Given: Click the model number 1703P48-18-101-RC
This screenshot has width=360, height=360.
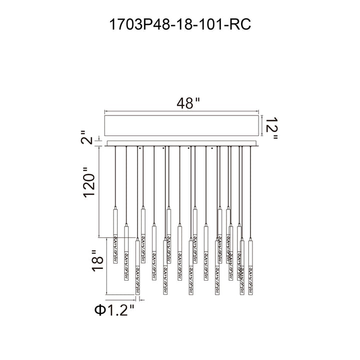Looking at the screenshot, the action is [x=180, y=24].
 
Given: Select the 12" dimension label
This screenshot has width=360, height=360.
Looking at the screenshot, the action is [x=271, y=128].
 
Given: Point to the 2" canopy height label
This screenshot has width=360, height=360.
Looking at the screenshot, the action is [x=86, y=137].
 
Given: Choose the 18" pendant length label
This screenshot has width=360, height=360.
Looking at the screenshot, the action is [x=97, y=260].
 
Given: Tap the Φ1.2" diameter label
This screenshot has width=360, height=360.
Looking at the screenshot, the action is [x=114, y=310].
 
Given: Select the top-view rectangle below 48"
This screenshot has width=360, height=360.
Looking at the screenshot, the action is [x=181, y=125].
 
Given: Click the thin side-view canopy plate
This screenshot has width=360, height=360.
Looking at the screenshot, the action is [x=183, y=143].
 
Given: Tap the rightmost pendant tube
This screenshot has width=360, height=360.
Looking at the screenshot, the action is [x=250, y=266].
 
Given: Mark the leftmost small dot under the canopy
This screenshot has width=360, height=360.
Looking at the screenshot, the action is [x=140, y=148].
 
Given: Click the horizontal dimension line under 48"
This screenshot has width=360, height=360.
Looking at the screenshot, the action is [x=181, y=111].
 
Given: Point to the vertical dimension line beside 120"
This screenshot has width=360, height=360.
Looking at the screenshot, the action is [x=99, y=192].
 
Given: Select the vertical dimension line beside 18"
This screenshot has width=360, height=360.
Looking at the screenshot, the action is [x=106, y=266].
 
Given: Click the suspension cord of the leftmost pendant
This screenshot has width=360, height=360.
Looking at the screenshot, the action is [x=115, y=176].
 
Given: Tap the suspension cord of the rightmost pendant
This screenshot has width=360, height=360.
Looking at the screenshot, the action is [x=250, y=192].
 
